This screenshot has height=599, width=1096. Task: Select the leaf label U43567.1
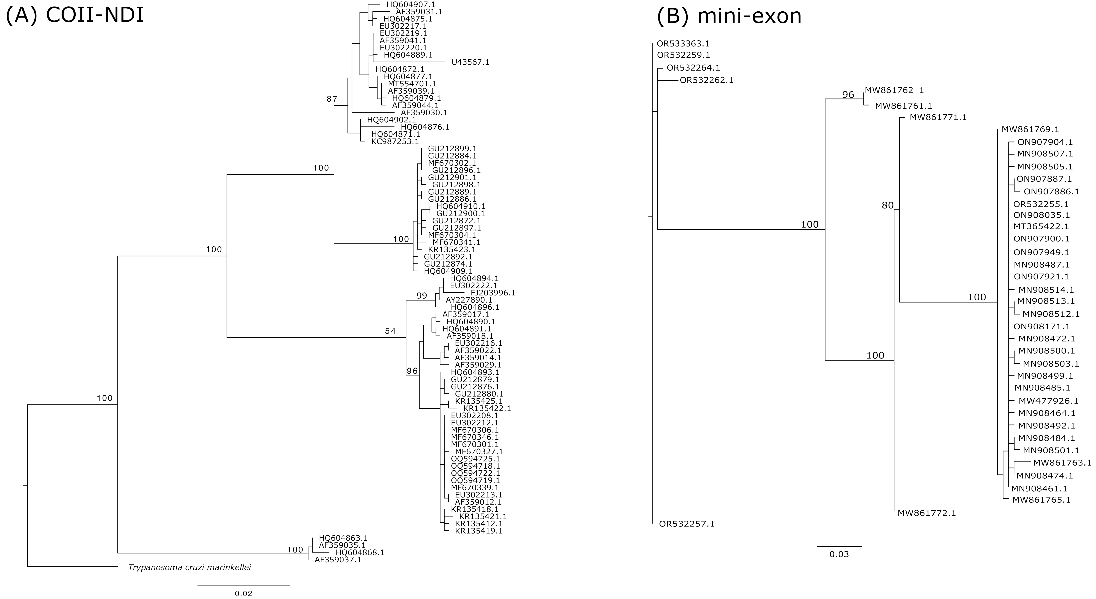pyautogui.click(x=470, y=62)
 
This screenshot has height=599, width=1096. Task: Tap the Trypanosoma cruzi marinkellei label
pyautogui.click(x=189, y=567)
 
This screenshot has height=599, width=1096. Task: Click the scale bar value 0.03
pyautogui.click(x=839, y=554)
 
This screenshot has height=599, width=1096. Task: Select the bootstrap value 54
pyautogui.click(x=390, y=331)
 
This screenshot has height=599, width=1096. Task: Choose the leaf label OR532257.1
pyautogui.click(x=687, y=524)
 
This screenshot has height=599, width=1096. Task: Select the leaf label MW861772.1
pyautogui.click(x=927, y=513)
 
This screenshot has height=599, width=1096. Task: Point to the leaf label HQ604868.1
pyautogui.click(x=360, y=552)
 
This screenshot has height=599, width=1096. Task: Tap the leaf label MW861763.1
pyautogui.click(x=1062, y=462)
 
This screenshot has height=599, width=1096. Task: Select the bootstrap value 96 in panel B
pyautogui.click(x=848, y=94)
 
